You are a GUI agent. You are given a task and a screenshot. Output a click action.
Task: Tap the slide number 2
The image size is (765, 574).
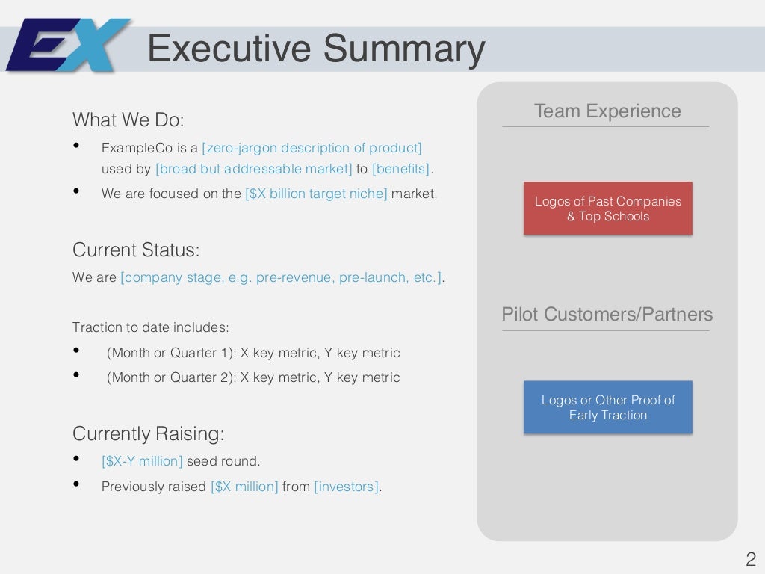coord(751,559)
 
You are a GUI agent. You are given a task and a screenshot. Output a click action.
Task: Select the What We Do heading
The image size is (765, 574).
coord(128,120)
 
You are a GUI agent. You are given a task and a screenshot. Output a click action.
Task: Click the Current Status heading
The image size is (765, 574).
coord(136,250)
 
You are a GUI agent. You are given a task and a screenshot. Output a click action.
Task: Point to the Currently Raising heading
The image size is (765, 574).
coord(148,433)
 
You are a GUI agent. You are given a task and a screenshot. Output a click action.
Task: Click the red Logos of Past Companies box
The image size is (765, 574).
coord(607,209)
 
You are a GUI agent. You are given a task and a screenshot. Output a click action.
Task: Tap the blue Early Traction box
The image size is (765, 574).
coord(607,407)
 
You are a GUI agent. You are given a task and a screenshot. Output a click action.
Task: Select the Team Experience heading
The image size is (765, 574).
coord(607,111)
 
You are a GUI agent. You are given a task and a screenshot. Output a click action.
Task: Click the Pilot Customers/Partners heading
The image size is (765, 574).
coord(607,315)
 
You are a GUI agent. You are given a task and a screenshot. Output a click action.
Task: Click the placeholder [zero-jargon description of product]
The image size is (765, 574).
coord(312,148)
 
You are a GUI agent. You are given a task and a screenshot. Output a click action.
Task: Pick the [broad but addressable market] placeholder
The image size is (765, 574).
coord(253,169)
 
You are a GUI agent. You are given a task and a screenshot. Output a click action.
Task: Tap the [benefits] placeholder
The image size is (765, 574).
coord(401,169)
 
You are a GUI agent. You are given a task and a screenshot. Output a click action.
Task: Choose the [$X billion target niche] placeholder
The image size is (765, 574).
coord(316,194)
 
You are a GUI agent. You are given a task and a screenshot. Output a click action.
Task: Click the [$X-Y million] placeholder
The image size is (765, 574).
coord(142,461)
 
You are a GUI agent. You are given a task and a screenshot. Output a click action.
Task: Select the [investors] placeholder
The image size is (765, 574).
coord(346,487)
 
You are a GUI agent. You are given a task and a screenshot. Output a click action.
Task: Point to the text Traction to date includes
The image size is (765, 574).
coord(151,327)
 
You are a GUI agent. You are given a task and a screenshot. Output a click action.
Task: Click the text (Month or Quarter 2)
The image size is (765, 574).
coord(171,377)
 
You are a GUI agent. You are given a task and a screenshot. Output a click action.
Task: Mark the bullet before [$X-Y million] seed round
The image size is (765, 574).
coord(77,460)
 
